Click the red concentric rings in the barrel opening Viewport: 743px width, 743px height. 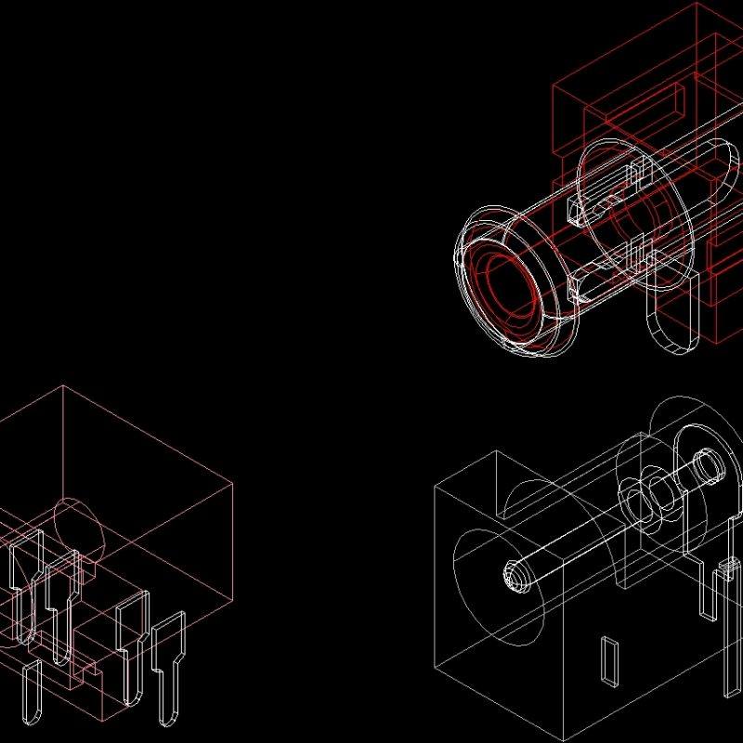(506, 288)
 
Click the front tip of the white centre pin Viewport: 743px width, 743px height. (515, 577)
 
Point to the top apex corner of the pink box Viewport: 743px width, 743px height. (62, 386)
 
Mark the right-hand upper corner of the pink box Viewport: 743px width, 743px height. (231, 480)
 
